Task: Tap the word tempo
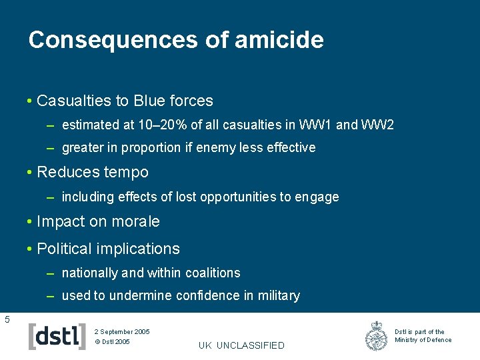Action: tap(127, 172)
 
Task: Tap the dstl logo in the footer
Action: tap(57, 335)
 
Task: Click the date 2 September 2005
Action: tap(122, 331)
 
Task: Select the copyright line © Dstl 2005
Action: tap(112, 342)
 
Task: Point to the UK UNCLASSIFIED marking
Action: tap(241, 345)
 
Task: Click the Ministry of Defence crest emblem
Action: tap(377, 336)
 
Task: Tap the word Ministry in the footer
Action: tap(405, 340)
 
